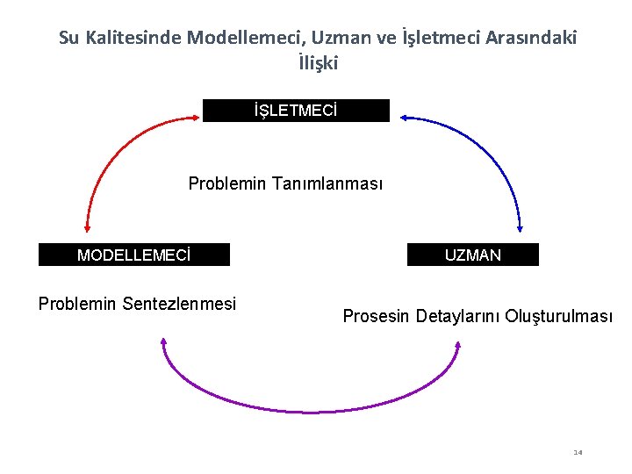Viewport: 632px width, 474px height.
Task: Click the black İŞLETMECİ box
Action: pos(296,111)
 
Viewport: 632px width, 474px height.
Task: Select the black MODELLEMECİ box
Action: pos(134,255)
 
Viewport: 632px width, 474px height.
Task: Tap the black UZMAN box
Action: pos(473,255)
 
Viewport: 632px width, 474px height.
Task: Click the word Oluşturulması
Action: pos(559,316)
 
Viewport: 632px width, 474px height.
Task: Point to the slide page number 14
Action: pos(578,452)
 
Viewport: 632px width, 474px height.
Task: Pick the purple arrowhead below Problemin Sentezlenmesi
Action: pos(163,341)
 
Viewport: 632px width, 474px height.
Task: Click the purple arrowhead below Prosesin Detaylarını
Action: pos(458,348)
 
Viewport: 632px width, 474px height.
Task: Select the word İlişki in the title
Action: pos(318,63)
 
